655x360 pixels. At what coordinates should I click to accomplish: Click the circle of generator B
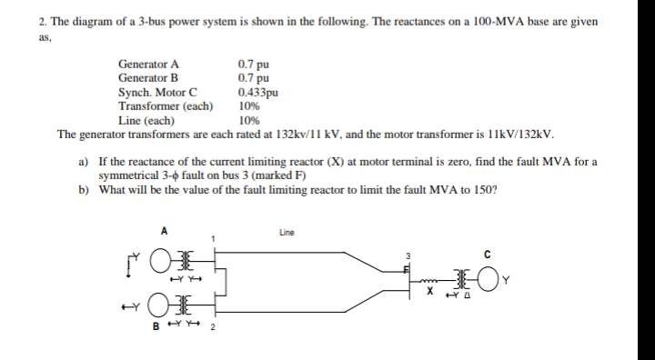click(162, 302)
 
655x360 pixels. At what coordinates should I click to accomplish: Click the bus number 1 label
click(213, 239)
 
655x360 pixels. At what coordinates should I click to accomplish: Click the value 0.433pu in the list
click(257, 92)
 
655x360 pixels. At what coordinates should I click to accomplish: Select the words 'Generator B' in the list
click(147, 78)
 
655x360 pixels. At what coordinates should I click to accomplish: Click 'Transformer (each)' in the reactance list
click(166, 105)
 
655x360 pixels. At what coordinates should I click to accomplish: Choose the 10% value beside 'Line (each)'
click(248, 119)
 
